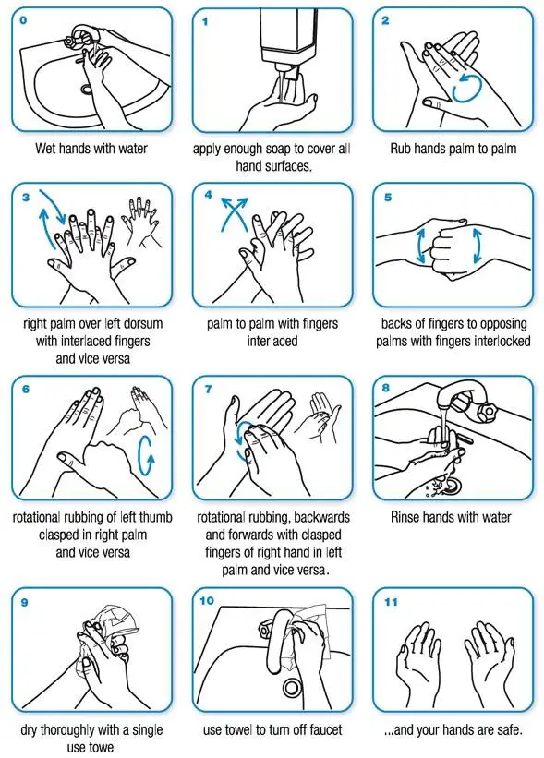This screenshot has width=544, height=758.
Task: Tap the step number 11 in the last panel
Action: (x=391, y=601)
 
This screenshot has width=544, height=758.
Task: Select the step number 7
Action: (x=210, y=389)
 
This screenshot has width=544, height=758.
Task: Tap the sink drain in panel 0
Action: (x=89, y=90)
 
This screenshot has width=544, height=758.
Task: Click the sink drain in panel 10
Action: (x=291, y=686)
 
